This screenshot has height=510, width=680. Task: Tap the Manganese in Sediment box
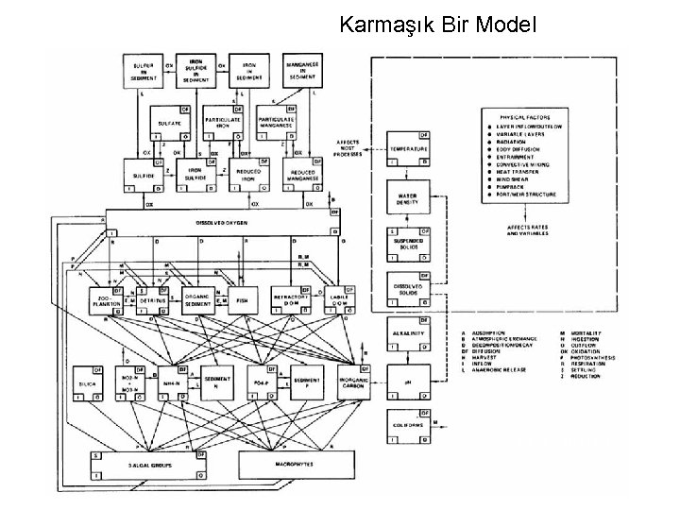[301, 70]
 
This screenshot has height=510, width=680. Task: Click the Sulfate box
[171, 126]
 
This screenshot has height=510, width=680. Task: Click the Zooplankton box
[106, 300]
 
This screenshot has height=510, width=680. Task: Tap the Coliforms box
[409, 427]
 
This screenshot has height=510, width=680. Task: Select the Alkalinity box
[408, 334]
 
